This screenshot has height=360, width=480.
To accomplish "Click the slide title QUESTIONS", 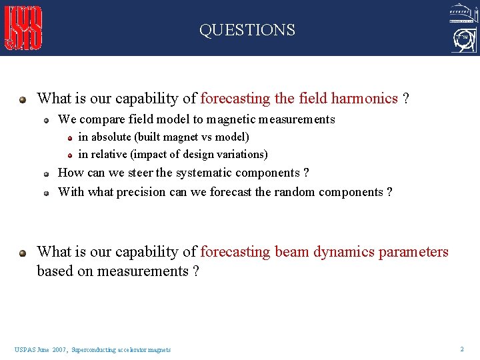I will (x=247, y=30).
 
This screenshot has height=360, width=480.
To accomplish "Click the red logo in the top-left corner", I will (x=24, y=28).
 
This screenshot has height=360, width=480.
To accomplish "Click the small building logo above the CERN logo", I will (x=463, y=13).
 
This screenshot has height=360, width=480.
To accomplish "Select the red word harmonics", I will (x=364, y=99).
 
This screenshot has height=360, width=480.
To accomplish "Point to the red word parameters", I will (x=413, y=252).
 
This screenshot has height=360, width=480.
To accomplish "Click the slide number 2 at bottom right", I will (x=461, y=349).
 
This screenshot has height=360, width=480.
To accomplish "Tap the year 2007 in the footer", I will (x=59, y=349).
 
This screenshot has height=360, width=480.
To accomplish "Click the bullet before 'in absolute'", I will (x=69, y=137).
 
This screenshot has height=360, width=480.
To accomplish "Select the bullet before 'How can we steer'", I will (x=47, y=173).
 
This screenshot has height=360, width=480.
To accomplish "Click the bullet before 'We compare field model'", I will (x=47, y=120).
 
